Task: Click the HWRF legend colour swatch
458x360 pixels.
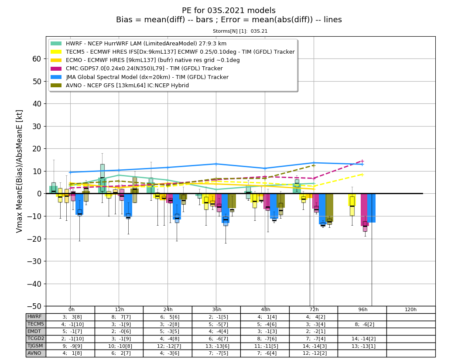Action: (56, 44)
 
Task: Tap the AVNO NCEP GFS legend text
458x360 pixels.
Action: (127, 86)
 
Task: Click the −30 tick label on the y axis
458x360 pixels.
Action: (34, 261)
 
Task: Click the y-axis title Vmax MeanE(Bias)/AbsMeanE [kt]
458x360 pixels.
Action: (19, 171)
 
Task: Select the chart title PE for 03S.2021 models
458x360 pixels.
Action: (229, 10)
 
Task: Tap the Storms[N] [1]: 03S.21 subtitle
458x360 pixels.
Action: (240, 31)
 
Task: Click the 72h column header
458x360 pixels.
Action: (314, 309)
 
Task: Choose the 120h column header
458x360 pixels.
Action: (411, 309)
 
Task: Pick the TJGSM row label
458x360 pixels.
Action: (35, 346)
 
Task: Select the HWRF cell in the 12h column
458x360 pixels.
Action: (119, 317)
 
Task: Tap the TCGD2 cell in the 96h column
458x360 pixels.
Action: (362, 339)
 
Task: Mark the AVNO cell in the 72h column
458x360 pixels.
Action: (314, 353)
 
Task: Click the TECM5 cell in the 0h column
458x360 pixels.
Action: (70, 324)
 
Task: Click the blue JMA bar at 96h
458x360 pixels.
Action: (371, 208)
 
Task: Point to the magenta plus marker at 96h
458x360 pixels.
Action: (362, 161)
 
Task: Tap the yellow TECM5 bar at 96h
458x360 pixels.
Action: (352, 200)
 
